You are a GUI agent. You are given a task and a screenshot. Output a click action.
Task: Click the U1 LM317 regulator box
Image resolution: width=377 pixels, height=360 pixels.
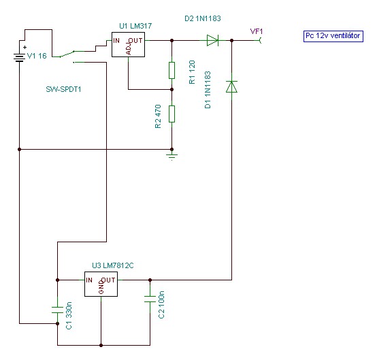click(x=128, y=44)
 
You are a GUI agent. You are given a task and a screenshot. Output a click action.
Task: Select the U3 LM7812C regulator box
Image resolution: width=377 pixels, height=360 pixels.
click(x=101, y=284)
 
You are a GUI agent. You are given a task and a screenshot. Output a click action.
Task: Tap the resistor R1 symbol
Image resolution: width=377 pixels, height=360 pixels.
click(x=171, y=70)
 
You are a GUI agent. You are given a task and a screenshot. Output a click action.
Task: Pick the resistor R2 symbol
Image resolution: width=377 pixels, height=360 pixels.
click(x=171, y=114)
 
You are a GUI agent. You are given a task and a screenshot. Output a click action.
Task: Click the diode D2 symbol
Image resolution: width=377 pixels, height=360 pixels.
click(x=212, y=40)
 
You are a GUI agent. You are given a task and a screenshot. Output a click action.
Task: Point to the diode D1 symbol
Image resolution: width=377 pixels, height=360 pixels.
click(x=231, y=87)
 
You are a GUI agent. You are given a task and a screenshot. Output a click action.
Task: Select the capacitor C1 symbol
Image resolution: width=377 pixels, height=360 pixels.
click(x=57, y=310)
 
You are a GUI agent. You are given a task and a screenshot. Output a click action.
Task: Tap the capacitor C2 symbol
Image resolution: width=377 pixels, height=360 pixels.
click(x=150, y=299)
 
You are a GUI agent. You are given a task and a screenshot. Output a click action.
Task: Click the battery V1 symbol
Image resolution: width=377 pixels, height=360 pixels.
click(x=19, y=58)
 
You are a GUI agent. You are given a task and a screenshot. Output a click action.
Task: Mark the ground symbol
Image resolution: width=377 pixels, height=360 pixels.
click(x=171, y=156)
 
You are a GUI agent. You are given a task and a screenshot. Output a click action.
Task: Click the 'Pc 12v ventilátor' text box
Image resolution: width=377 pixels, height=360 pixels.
click(x=333, y=36)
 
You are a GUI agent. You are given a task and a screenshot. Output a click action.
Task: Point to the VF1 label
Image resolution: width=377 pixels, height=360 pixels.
click(x=257, y=31)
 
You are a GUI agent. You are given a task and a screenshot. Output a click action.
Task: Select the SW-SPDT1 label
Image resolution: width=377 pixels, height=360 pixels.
click(x=63, y=89)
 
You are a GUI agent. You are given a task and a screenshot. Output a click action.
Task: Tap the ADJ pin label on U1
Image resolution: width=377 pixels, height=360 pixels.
click(x=129, y=49)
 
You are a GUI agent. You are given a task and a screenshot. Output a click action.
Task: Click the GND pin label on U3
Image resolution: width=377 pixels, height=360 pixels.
click(x=101, y=287)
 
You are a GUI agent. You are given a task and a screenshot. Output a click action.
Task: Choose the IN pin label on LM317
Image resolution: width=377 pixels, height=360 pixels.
click(x=116, y=41)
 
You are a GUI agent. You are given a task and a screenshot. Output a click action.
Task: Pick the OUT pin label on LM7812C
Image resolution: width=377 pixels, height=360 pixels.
click(x=108, y=280)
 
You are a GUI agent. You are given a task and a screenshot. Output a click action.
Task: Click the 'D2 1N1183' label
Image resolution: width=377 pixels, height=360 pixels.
click(x=203, y=18)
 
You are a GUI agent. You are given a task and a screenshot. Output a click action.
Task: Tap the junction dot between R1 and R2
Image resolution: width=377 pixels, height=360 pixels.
click(x=171, y=89)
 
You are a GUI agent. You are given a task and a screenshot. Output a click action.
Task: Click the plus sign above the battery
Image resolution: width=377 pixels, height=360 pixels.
click(x=24, y=48)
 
